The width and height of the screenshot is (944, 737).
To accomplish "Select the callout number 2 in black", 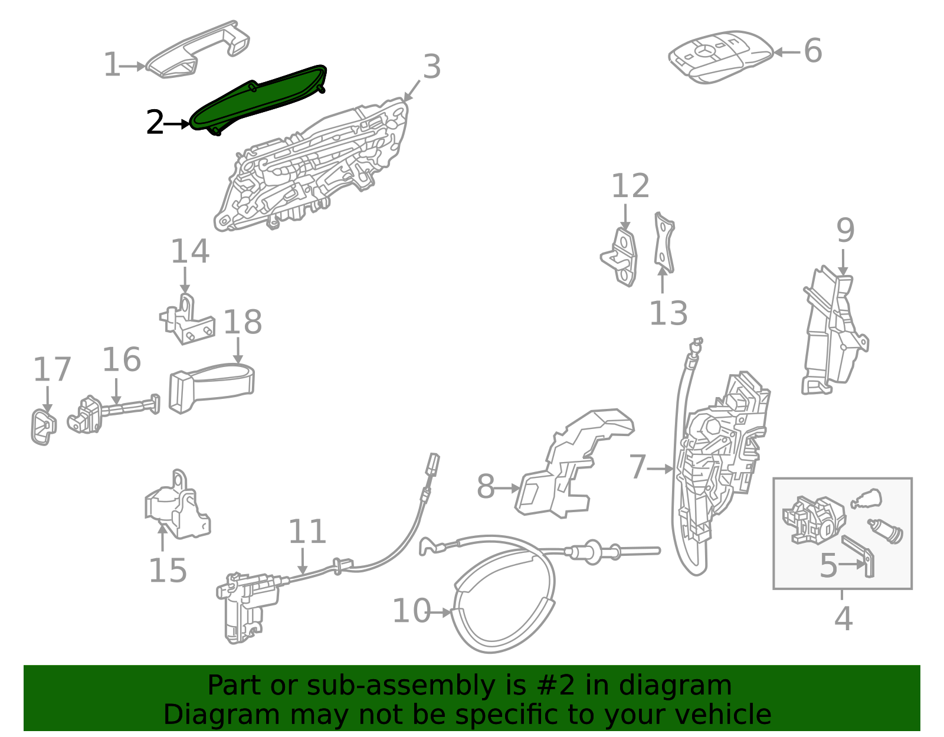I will click(x=155, y=123).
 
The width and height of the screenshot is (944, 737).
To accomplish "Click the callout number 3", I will click(x=432, y=67).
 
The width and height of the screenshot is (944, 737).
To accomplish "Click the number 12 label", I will click(x=630, y=186).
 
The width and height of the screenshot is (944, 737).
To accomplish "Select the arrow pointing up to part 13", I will click(x=663, y=280).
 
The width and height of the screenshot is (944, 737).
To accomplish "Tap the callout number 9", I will click(x=845, y=230).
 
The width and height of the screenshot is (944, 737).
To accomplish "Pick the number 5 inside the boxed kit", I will click(x=828, y=565).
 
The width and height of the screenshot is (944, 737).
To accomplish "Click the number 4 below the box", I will click(x=843, y=618).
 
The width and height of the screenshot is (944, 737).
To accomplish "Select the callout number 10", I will click(x=411, y=611).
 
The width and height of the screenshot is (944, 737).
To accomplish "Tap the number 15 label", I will click(x=168, y=571).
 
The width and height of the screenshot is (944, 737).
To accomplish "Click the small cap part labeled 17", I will click(x=43, y=426).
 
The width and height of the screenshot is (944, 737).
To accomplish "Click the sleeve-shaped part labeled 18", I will click(x=212, y=386).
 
